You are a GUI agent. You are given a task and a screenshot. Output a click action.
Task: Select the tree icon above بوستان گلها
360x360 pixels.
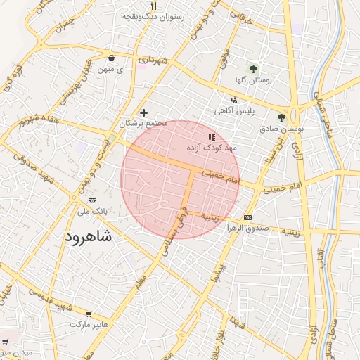[x=253, y=69]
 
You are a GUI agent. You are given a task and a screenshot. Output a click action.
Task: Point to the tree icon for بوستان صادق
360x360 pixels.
[x=281, y=118]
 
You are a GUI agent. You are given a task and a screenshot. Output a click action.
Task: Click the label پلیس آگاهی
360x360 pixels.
[x=234, y=110]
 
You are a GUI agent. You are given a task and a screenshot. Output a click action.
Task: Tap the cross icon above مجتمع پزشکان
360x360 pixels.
[x=143, y=112]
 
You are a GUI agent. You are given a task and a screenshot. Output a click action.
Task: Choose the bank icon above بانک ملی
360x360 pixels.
[x=73, y=199]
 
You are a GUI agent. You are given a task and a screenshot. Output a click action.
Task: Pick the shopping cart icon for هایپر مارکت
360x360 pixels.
[x=88, y=314]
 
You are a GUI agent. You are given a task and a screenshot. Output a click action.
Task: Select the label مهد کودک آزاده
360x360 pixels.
[x=212, y=149]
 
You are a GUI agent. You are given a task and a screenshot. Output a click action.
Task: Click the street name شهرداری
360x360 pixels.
[x=153, y=61]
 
